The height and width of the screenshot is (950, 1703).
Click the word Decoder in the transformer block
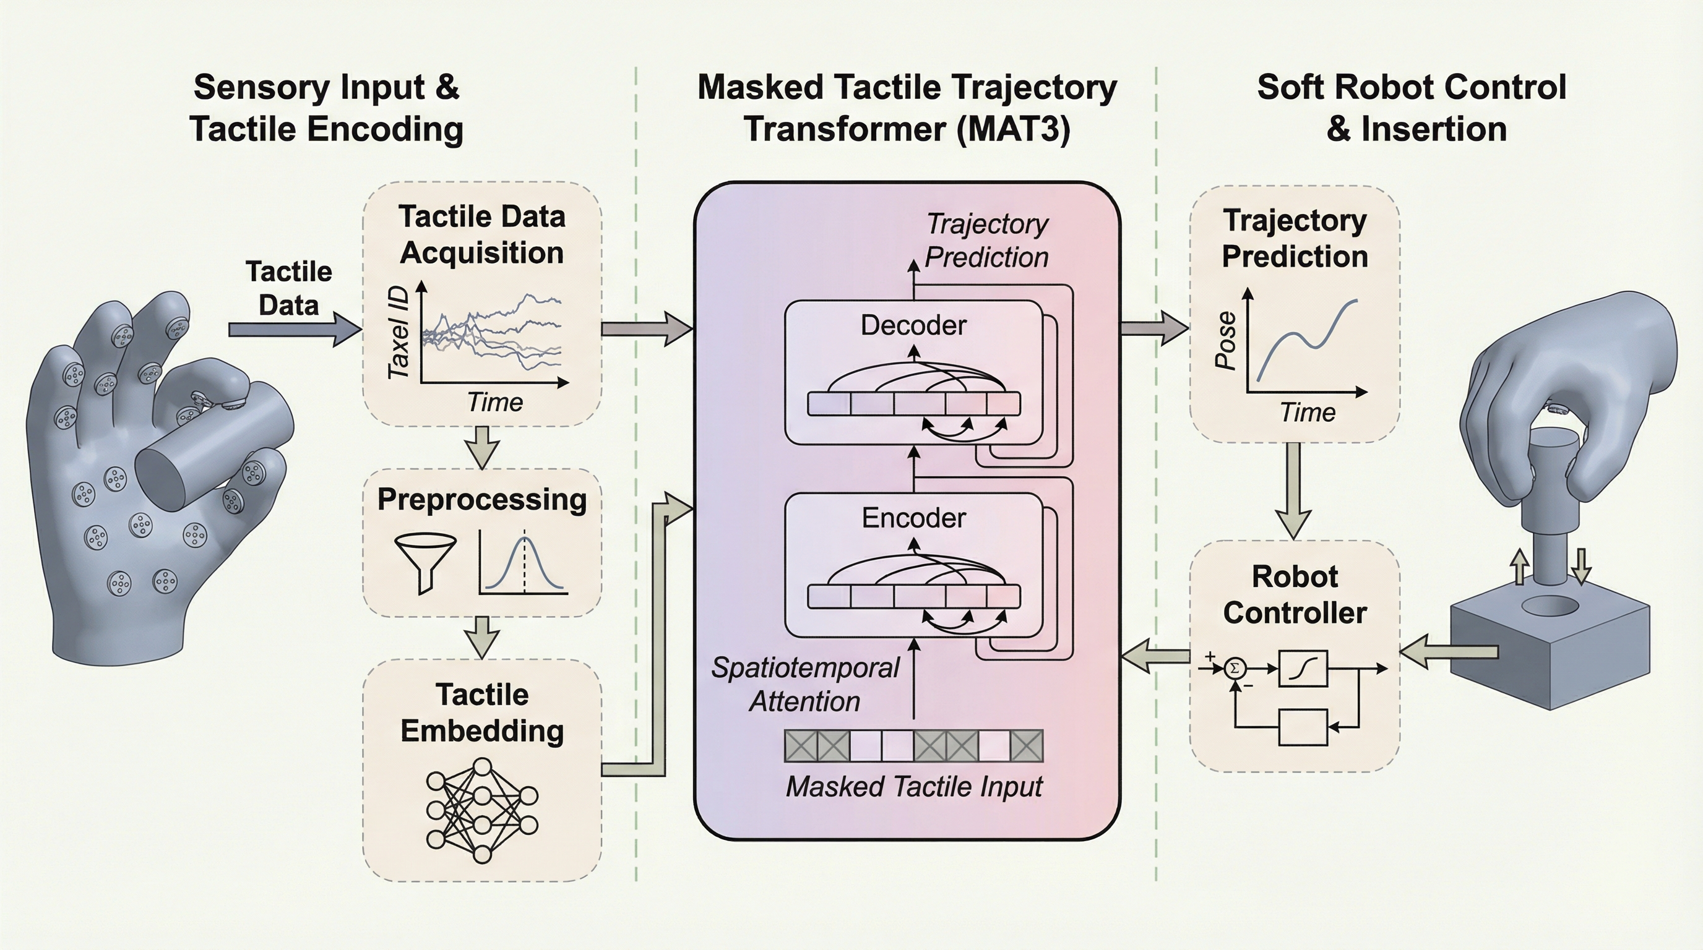coord(913,326)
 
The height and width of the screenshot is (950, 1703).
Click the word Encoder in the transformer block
coord(913,518)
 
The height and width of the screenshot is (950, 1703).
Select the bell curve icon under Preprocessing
coord(524,563)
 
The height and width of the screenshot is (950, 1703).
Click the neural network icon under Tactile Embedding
coord(482,811)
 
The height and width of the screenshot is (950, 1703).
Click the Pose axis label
coord(1226,341)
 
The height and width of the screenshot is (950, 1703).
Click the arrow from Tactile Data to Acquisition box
coord(293,329)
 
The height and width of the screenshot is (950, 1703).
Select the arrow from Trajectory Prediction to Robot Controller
coord(1293,489)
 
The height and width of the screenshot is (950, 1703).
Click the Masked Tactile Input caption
coord(913,787)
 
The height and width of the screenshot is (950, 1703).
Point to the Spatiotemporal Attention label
coord(805,685)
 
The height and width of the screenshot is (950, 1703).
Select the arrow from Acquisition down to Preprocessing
coord(482,447)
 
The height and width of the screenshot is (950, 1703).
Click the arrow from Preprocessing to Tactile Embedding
coord(482,637)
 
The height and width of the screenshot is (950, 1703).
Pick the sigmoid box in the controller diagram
coord(1303,669)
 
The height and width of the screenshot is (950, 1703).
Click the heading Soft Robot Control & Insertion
coord(1412,108)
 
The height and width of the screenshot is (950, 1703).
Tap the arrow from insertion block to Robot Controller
coord(1448,653)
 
